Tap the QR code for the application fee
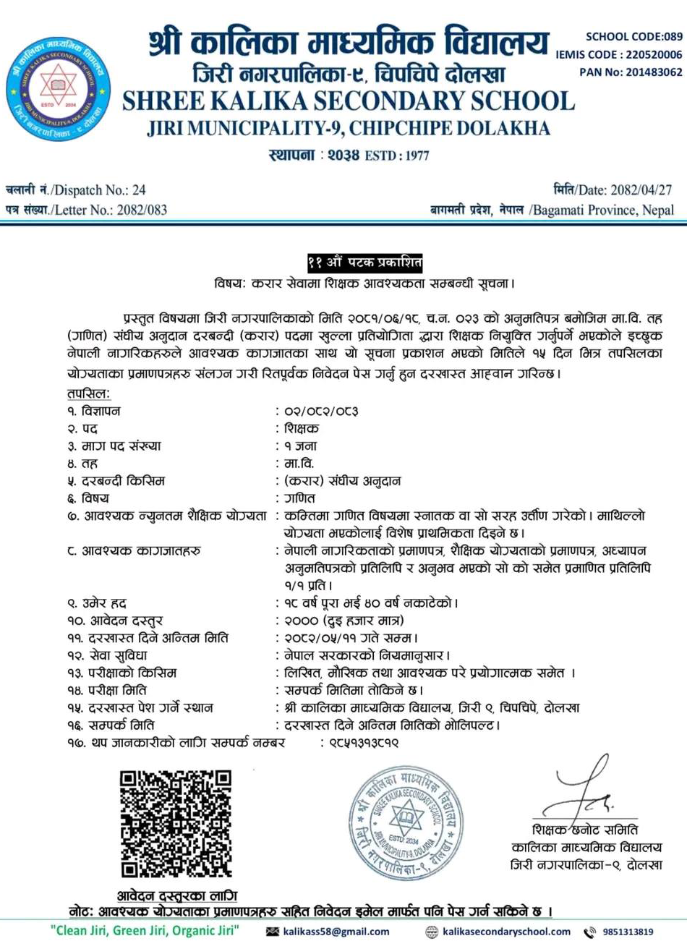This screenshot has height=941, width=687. coord(176,823)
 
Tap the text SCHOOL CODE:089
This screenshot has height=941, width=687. coord(634,36)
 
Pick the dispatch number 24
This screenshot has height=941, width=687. coord(139,190)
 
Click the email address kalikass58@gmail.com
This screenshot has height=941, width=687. coord(336,932)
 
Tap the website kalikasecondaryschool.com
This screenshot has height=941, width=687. coord(506,932)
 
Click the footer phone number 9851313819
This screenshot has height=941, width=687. coord(627,932)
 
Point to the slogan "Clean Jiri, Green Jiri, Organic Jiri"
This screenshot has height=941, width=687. coord(145,931)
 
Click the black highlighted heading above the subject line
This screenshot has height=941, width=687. coord(364,263)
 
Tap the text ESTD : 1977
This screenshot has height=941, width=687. coord(397,155)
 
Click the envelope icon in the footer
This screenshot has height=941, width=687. coord(273,932)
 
